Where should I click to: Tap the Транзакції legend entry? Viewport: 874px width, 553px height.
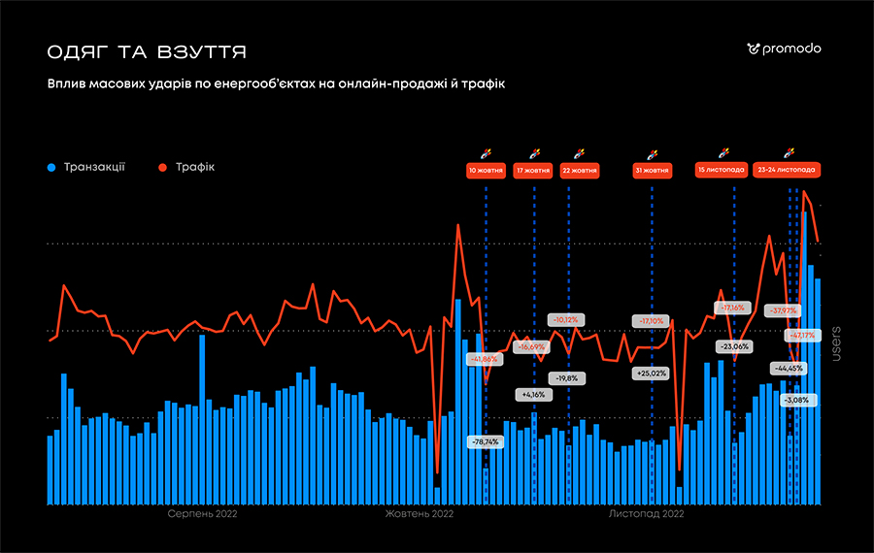[x=86, y=167]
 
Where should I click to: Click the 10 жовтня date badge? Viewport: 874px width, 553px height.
[x=486, y=170]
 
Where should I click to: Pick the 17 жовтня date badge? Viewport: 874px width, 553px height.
[x=534, y=170]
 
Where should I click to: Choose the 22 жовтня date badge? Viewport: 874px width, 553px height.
[x=580, y=170]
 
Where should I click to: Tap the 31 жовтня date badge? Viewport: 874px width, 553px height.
[x=652, y=170]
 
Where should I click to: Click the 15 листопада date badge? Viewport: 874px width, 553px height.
[x=722, y=169]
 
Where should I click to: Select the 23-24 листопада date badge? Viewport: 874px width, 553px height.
[x=787, y=169]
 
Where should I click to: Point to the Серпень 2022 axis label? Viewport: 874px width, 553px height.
[x=202, y=514]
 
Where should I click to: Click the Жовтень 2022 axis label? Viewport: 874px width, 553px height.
[x=420, y=514]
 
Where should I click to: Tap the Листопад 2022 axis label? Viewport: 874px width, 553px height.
[x=639, y=514]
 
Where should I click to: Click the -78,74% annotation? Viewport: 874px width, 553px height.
[x=485, y=441]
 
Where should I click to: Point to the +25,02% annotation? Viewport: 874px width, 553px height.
[x=651, y=373]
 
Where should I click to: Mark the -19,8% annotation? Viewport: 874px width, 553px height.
[x=567, y=377]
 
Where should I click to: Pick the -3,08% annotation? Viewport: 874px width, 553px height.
[x=796, y=400]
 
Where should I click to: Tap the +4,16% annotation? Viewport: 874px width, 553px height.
[x=534, y=395]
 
